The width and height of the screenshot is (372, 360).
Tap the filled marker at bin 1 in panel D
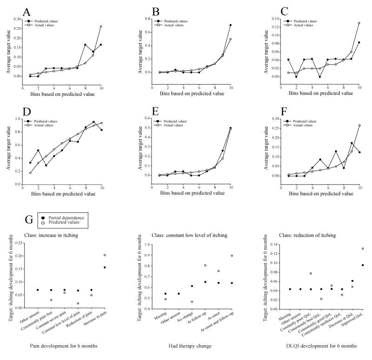[x=30, y=163]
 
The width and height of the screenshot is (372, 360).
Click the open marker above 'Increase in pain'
[x=105, y=255]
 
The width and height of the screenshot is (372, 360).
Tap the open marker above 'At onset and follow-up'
[x=232, y=255]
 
